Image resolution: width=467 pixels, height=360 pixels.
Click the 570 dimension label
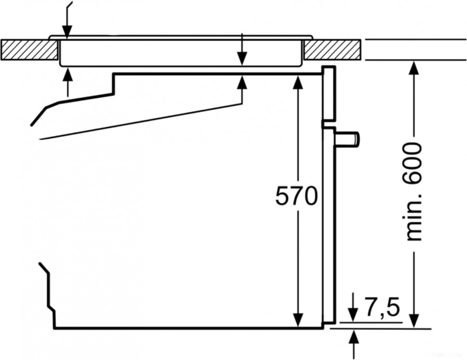point(296,196)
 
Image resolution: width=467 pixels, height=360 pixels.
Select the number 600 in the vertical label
point(414,163)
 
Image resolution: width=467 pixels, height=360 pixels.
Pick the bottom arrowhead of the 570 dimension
point(298,320)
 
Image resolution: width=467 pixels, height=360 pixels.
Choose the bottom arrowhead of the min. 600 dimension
point(414,320)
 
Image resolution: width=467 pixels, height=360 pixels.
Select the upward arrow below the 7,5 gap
point(354,336)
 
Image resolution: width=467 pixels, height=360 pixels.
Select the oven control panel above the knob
point(328,94)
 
